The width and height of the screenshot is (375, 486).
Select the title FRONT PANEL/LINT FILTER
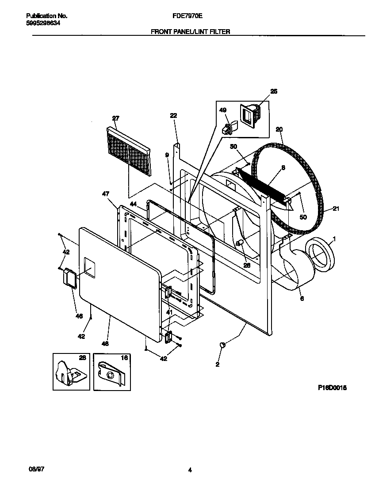191,32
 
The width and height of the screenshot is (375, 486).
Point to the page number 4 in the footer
190,470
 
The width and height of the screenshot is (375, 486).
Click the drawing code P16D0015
332,387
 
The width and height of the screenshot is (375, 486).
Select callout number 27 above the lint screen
115,118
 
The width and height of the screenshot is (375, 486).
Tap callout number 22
173,116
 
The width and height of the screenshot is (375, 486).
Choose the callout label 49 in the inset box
223,110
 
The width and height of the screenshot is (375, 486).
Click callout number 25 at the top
274,91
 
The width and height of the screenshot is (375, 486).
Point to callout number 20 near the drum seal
279,129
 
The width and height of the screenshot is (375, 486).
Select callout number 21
336,209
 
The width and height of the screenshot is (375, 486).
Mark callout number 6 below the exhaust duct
302,299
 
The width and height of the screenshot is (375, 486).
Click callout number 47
106,194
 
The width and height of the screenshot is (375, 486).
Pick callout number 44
133,204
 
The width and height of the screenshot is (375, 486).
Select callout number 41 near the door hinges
169,312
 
